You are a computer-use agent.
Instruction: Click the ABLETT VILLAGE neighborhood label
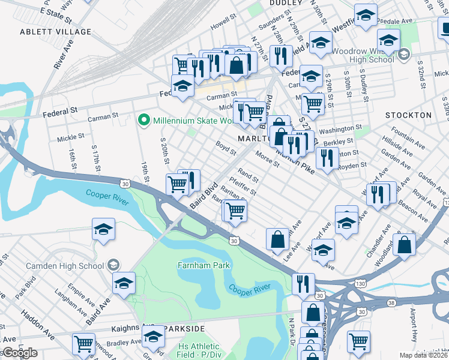click(55, 32)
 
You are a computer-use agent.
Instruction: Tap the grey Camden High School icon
click(112, 265)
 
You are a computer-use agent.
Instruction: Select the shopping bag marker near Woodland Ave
click(405, 244)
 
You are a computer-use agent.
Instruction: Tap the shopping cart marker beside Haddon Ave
click(83, 344)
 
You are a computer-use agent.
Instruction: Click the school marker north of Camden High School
click(103, 229)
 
